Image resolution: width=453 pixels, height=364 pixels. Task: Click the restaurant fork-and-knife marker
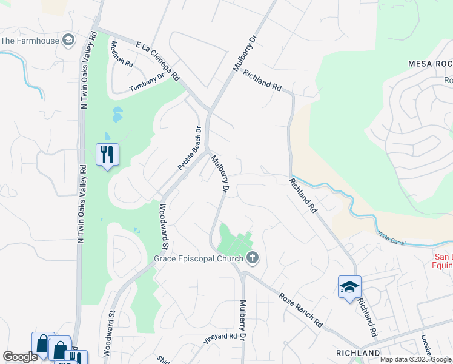[x=107, y=155]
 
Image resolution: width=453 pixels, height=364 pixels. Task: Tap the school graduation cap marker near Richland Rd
[x=349, y=287]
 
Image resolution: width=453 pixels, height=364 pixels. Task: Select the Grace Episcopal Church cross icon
[x=253, y=259]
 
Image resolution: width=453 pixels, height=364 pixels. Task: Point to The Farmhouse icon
[x=69, y=41]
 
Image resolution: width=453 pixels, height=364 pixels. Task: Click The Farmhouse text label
[x=30, y=41]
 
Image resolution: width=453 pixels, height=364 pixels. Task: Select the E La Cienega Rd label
[x=158, y=61]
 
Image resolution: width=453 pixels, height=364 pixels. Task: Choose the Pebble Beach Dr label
[x=189, y=147]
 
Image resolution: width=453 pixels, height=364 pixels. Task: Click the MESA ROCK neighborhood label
[x=430, y=64]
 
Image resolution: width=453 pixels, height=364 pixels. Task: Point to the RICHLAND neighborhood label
[x=358, y=352]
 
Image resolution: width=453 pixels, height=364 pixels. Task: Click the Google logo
[x=19, y=357]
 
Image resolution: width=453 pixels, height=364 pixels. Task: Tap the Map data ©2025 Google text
[x=415, y=359]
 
